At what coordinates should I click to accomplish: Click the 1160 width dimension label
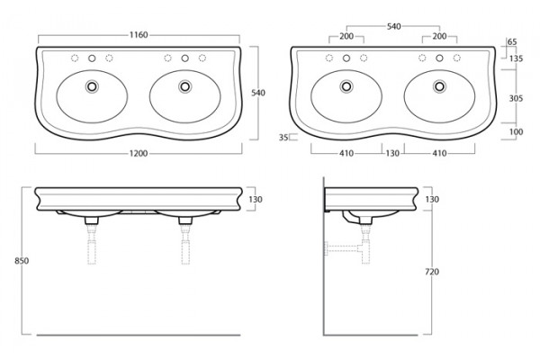click(x=139, y=35)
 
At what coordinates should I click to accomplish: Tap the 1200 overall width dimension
click(x=139, y=153)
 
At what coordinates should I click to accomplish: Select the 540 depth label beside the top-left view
click(x=258, y=93)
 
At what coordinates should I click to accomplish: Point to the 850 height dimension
click(x=22, y=261)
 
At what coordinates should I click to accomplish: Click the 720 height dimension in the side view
click(x=432, y=272)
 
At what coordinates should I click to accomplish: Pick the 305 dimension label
click(x=516, y=98)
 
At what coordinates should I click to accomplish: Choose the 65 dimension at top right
click(x=512, y=41)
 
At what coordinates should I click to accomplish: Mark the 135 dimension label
click(x=516, y=58)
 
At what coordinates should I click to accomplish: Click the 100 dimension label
click(x=516, y=131)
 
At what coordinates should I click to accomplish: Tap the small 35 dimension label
click(x=283, y=138)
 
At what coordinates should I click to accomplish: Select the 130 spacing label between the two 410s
click(x=392, y=153)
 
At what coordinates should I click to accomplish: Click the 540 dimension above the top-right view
click(x=393, y=26)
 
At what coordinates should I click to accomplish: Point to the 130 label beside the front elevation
click(x=256, y=200)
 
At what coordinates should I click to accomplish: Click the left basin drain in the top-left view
click(x=92, y=85)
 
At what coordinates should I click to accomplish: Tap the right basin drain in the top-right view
click(x=439, y=85)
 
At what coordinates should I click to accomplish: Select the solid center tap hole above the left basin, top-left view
click(x=92, y=58)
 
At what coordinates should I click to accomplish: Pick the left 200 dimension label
click(x=346, y=36)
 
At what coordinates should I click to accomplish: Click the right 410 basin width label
click(x=439, y=153)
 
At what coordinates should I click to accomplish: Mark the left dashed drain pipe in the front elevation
click(x=92, y=244)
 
